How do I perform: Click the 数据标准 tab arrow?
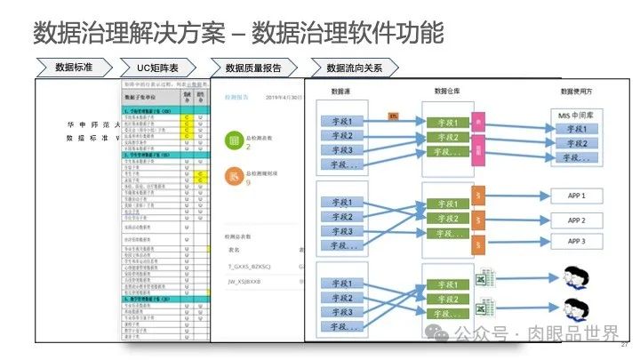75,68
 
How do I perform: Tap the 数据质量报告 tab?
258,68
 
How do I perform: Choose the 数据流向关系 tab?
355,68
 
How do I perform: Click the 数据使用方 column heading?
577,92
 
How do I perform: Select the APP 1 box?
577,195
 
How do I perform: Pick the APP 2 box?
577,219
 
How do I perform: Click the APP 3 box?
577,241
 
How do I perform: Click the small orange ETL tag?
393,116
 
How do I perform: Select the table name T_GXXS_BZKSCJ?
248,266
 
